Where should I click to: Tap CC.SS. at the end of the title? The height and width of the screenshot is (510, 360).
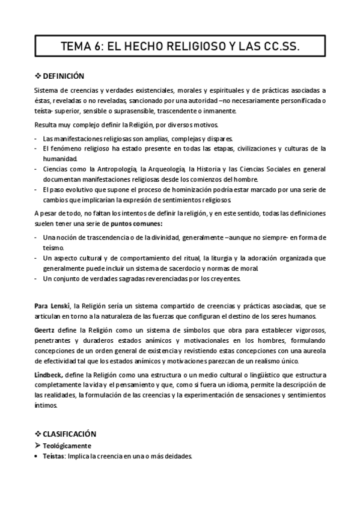click(278, 46)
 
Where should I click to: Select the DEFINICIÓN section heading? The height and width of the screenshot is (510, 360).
click(63, 76)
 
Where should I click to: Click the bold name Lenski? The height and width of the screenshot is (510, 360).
click(61, 306)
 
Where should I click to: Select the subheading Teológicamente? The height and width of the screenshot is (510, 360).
click(67, 445)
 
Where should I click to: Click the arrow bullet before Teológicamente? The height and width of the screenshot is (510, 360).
click(37, 445)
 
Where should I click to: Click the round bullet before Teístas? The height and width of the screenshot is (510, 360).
click(37, 456)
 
